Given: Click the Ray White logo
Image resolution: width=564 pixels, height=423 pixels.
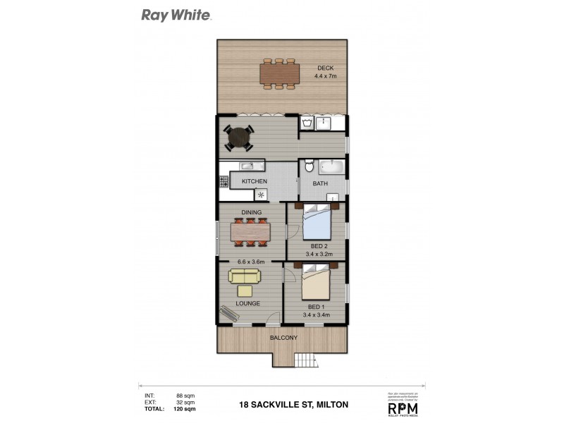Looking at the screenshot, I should coord(176,14).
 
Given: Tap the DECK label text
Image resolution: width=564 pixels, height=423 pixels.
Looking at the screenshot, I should coord(326,68).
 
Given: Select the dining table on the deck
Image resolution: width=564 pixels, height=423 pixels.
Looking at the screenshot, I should coord(280,73).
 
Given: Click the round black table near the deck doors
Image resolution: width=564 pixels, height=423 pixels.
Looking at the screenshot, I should coord(239,137).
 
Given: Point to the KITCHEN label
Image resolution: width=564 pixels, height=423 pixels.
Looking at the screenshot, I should coord(255,181).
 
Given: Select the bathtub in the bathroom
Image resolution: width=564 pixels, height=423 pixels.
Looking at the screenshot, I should coord(331,168).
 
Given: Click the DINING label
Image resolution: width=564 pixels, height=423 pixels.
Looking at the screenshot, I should coord(252,212).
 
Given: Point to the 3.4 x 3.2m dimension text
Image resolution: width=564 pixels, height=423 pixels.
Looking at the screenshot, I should coord(319,254).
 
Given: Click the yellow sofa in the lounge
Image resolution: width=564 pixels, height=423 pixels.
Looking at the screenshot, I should coord(244,278).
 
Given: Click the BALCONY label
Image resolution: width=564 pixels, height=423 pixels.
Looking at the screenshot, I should coord(283,338).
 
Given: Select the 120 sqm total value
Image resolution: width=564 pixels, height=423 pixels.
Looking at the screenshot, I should coord(185,409).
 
